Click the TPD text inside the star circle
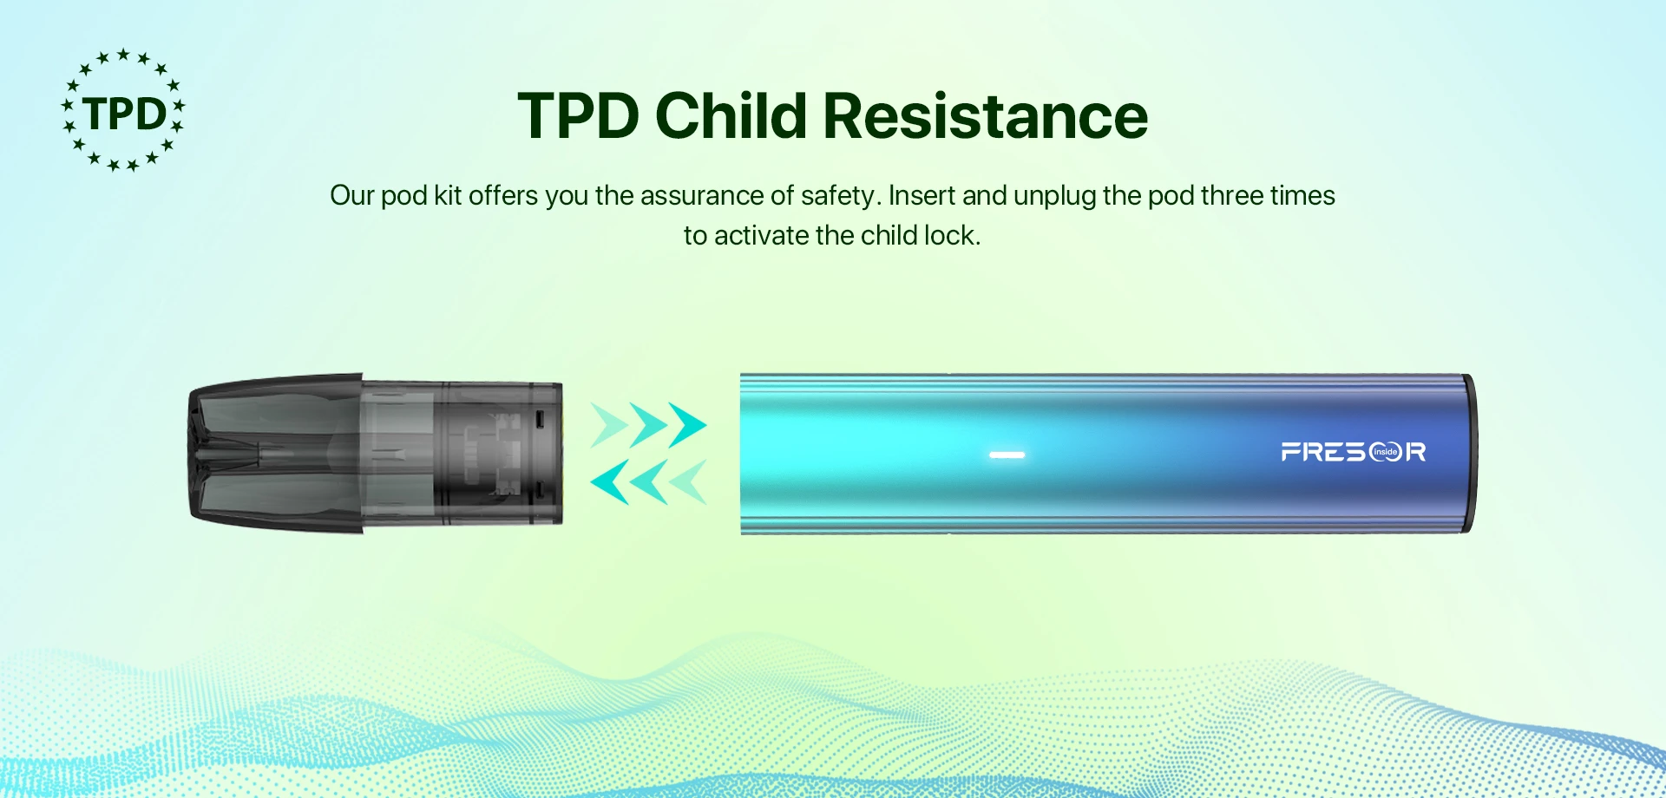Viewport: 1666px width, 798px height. click(124, 114)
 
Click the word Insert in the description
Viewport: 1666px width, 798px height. click(922, 195)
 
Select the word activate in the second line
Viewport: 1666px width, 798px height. click(761, 235)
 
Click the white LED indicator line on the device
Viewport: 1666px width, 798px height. click(1007, 455)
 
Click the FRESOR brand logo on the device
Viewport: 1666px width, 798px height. click(1354, 452)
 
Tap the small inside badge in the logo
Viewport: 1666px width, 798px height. click(1386, 452)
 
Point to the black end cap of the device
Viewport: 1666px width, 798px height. click(1469, 453)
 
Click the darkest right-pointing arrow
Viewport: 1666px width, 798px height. click(687, 425)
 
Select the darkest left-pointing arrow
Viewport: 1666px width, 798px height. click(609, 482)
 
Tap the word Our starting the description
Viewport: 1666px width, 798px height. click(351, 195)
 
